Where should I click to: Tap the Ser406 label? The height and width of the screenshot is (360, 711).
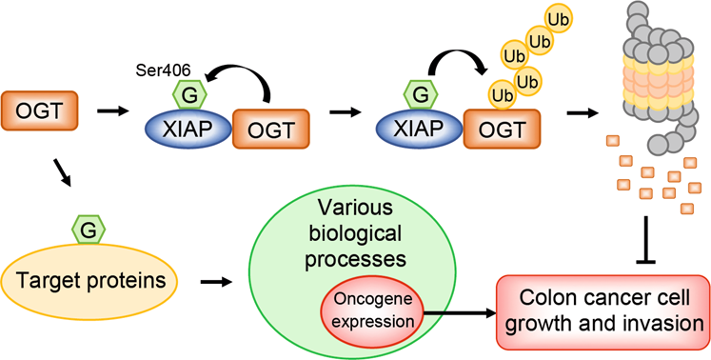[x=166, y=70]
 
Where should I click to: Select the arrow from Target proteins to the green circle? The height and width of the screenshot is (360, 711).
[x=216, y=282]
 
